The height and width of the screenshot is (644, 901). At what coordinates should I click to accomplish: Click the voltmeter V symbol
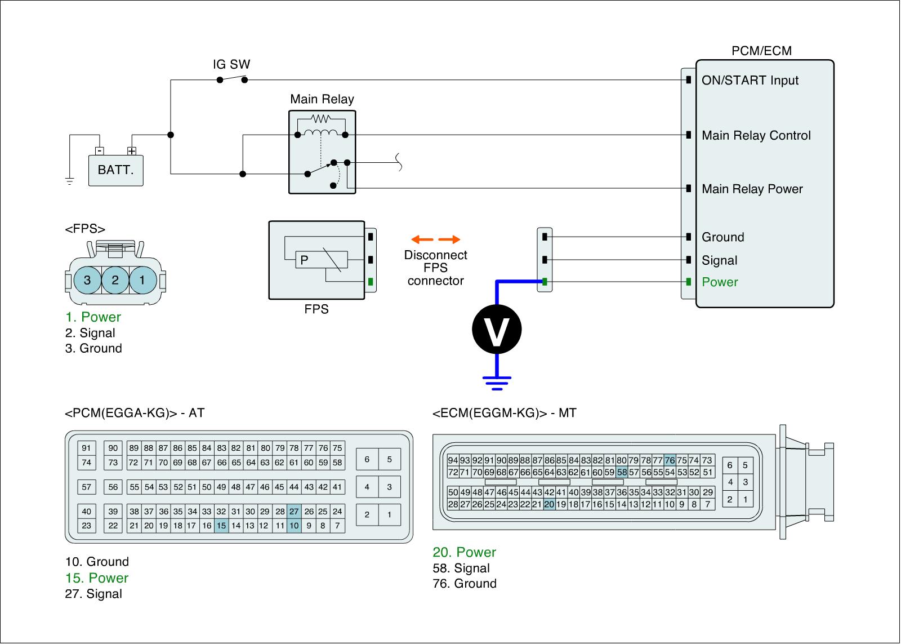pyautogui.click(x=497, y=329)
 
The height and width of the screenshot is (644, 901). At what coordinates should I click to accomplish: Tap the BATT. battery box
pyautogui.click(x=115, y=170)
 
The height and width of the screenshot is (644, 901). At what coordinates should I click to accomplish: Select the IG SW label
pyautogui.click(x=231, y=64)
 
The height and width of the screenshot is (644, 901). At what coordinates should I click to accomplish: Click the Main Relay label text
pyautogui.click(x=322, y=100)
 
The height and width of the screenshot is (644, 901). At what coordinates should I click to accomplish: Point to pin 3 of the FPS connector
pyautogui.click(x=87, y=280)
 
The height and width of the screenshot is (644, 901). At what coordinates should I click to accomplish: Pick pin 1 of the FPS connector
pyautogui.click(x=142, y=280)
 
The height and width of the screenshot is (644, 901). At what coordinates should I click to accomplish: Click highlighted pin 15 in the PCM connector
pyautogui.click(x=221, y=526)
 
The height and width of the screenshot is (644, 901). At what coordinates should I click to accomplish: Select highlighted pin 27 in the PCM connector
pyautogui.click(x=294, y=512)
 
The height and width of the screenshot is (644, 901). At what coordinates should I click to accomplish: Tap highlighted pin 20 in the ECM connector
pyautogui.click(x=550, y=504)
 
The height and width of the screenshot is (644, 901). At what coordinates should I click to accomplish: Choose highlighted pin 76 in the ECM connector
pyautogui.click(x=670, y=460)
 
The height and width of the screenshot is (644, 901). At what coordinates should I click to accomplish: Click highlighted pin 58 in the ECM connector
pyautogui.click(x=622, y=472)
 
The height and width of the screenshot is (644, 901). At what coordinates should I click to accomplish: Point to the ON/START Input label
pyautogui.click(x=750, y=81)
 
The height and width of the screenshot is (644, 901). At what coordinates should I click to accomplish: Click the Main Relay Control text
pyautogui.click(x=756, y=136)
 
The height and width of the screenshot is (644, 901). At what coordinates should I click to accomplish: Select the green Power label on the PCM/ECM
pyautogui.click(x=720, y=282)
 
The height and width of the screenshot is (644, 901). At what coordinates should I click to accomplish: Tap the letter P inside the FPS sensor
pyautogui.click(x=304, y=260)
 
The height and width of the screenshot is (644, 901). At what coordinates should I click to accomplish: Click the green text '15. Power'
pyautogui.click(x=97, y=578)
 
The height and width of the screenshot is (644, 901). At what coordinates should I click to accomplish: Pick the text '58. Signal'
pyautogui.click(x=461, y=568)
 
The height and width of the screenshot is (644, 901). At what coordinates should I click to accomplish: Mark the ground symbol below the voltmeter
pyautogui.click(x=497, y=383)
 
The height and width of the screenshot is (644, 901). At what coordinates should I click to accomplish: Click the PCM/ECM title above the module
pyautogui.click(x=761, y=51)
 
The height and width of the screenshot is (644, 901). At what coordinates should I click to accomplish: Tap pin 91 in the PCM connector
pyautogui.click(x=86, y=448)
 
